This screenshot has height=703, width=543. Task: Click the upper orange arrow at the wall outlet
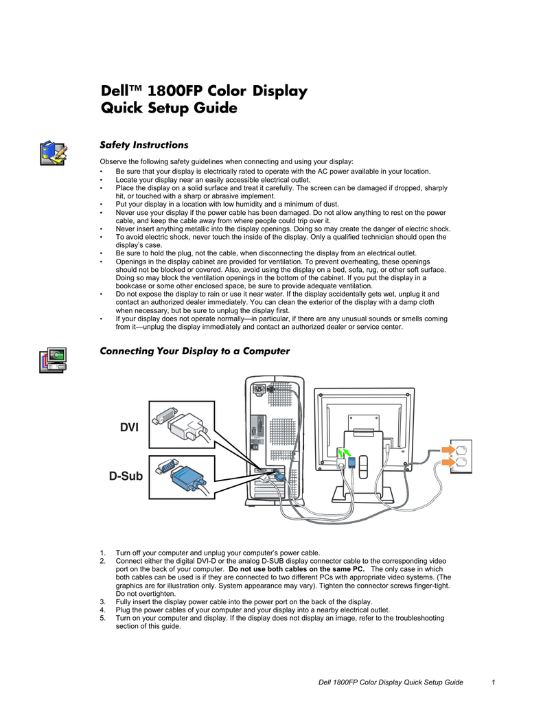click(446, 450)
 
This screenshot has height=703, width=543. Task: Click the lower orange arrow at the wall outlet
click(446, 464)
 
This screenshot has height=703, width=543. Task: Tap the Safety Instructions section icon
click(53, 152)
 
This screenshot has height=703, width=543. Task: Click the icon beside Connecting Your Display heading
click(53, 360)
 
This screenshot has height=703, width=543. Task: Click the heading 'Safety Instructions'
click(143, 145)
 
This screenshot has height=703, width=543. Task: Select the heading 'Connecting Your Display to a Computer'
click(195, 351)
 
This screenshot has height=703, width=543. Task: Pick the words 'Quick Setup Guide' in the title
click(169, 108)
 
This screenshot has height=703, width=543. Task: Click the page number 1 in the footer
click(494, 682)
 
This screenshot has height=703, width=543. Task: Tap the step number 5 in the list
click(102, 618)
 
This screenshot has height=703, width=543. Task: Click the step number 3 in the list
click(102, 601)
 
